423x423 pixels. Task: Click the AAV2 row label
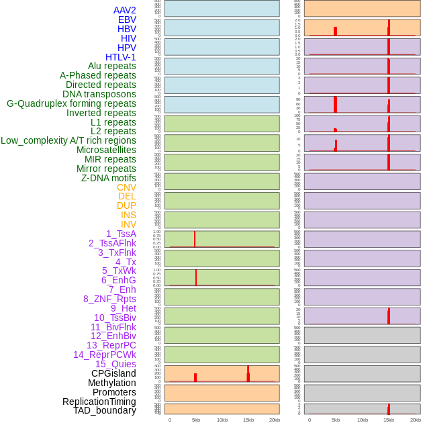124,10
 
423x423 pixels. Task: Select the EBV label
127,19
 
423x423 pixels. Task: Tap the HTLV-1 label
120,57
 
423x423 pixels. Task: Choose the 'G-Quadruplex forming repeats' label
71,103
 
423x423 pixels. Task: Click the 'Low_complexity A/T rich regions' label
68,140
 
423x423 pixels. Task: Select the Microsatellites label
106,150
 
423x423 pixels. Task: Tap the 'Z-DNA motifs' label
108,178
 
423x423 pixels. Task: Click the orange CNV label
126,187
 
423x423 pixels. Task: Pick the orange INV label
128,224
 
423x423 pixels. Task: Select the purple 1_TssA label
121,234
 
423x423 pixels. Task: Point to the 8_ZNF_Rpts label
109,299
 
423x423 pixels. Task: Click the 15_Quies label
115,364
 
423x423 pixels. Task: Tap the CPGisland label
113,373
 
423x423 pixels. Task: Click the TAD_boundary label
104,410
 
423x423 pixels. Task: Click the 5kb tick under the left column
196,420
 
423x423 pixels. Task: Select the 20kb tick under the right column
416,420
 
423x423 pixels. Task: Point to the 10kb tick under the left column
222,420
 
